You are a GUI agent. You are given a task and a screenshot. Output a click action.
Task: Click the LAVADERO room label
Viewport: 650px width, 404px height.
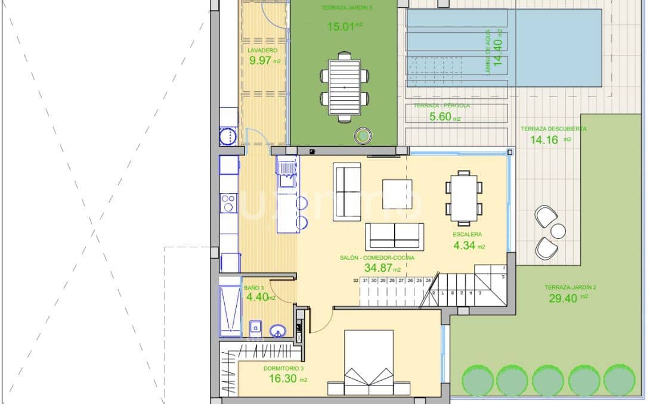(x=262, y=51)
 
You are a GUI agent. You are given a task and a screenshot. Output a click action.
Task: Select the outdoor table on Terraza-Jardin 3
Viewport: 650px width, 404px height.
(x=344, y=86)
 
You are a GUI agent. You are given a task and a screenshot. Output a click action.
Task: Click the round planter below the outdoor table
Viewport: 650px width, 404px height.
(x=363, y=136)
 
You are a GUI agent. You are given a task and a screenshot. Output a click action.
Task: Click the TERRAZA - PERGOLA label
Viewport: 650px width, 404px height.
(x=442, y=106)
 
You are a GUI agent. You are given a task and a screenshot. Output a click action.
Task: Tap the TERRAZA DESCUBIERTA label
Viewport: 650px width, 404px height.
(x=553, y=129)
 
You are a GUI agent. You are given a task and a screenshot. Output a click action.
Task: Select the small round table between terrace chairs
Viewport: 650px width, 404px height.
(x=558, y=231)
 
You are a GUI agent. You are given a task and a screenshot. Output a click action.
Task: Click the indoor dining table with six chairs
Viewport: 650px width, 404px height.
(x=463, y=196)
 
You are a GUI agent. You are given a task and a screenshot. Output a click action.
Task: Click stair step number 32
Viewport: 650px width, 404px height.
(x=355, y=279)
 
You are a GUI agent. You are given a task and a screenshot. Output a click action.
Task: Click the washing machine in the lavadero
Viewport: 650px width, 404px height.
(x=228, y=137)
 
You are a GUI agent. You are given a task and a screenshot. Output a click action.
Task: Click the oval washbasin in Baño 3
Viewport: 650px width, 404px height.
(x=278, y=331)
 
